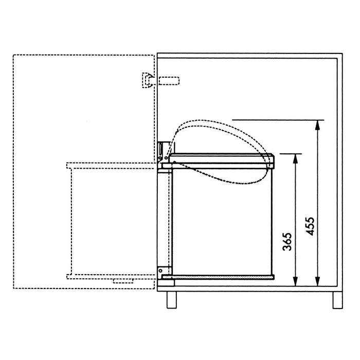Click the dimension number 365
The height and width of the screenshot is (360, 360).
click(x=287, y=242)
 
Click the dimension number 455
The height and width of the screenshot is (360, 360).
click(x=310, y=226)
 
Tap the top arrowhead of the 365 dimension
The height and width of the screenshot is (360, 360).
click(x=296, y=158)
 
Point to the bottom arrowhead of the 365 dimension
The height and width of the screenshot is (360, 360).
click(x=296, y=281)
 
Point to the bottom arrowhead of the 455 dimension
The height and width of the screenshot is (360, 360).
click(x=317, y=281)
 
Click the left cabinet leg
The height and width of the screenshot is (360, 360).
click(x=172, y=300)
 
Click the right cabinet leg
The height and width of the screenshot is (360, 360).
click(x=338, y=300)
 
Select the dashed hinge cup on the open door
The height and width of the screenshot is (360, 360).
click(x=147, y=80)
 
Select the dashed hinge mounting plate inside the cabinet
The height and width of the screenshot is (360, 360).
click(x=169, y=81)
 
